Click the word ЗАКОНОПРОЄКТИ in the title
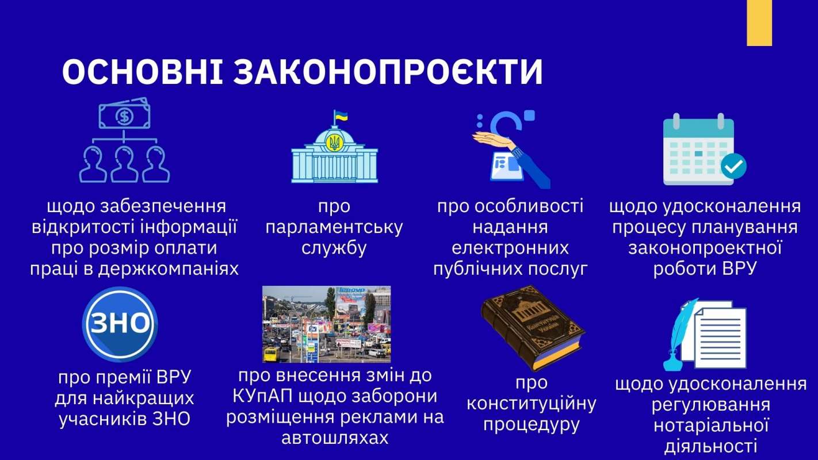(x=388, y=71)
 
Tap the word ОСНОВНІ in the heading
(x=143, y=71)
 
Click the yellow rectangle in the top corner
(x=759, y=22)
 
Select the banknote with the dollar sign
(x=124, y=114)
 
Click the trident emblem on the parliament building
(x=333, y=143)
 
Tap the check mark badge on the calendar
(x=733, y=166)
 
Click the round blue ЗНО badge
(x=120, y=324)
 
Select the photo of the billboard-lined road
(x=327, y=324)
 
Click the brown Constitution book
(x=533, y=328)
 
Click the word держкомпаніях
(x=168, y=270)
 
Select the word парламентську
(x=334, y=228)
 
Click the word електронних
(x=510, y=248)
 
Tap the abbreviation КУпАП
(x=262, y=396)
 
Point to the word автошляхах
(x=334, y=438)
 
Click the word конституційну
(x=532, y=404)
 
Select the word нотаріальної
(x=711, y=425)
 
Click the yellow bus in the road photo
(x=271, y=355)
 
